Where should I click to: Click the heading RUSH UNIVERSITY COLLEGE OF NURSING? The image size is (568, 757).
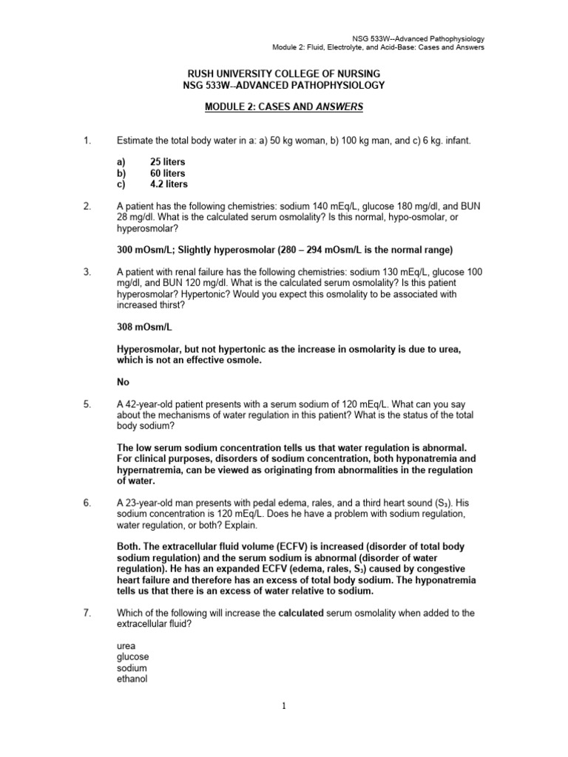pos(283,73)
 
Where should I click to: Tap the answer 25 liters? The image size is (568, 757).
pos(168,161)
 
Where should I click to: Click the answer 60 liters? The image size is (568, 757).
pos(168,173)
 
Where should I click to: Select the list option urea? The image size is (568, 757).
pos(127,645)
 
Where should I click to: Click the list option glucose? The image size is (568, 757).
pos(133,656)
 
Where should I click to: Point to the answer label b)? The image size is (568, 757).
pos(123,173)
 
